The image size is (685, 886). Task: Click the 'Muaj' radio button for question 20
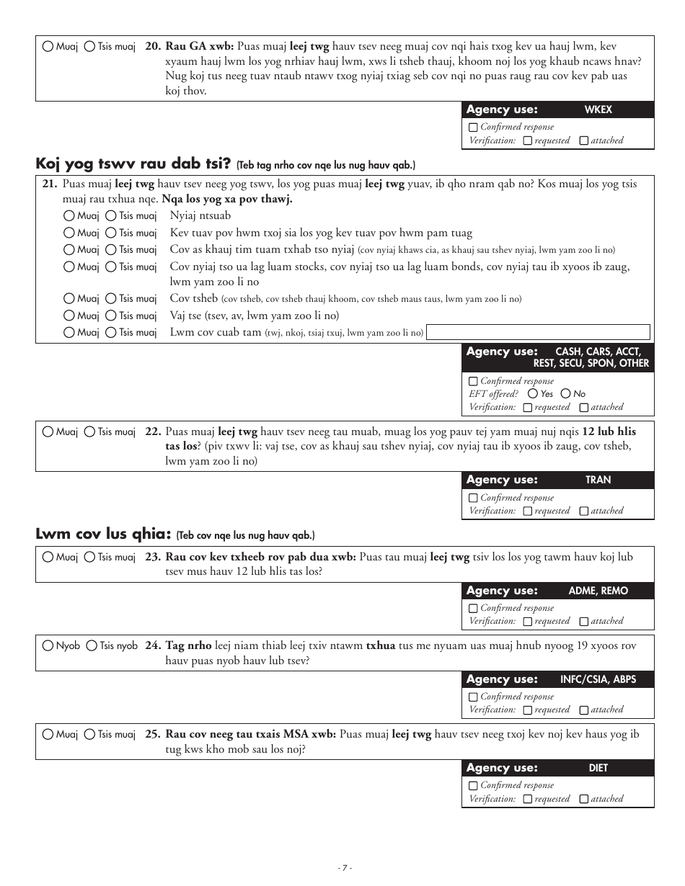tap(48, 47)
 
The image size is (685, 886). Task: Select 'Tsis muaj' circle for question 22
tap(89, 432)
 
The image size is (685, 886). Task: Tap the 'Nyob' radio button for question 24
tap(48, 646)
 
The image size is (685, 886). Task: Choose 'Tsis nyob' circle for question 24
tap(92, 646)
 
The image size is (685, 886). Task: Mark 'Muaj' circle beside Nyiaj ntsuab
tap(68, 215)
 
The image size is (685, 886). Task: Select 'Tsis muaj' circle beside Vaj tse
tap(110, 316)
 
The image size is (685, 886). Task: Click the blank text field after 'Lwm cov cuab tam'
tap(538, 332)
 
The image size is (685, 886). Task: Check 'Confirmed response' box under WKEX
tap(473, 127)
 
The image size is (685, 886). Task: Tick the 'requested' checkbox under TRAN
tap(528, 511)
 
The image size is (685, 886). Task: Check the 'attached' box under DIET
tap(584, 800)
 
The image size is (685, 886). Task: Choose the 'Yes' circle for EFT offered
tap(533, 394)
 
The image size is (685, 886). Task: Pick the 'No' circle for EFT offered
tap(566, 394)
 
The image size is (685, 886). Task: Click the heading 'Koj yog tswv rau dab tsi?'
tap(133, 164)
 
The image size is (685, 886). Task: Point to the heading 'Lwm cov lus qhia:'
tap(103, 534)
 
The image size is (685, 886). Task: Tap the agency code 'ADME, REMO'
tap(598, 591)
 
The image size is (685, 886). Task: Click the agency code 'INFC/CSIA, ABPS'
tap(598, 679)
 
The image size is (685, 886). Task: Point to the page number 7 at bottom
tap(345, 868)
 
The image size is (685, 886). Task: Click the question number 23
tap(152, 557)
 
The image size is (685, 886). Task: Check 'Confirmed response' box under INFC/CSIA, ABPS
tap(473, 697)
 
